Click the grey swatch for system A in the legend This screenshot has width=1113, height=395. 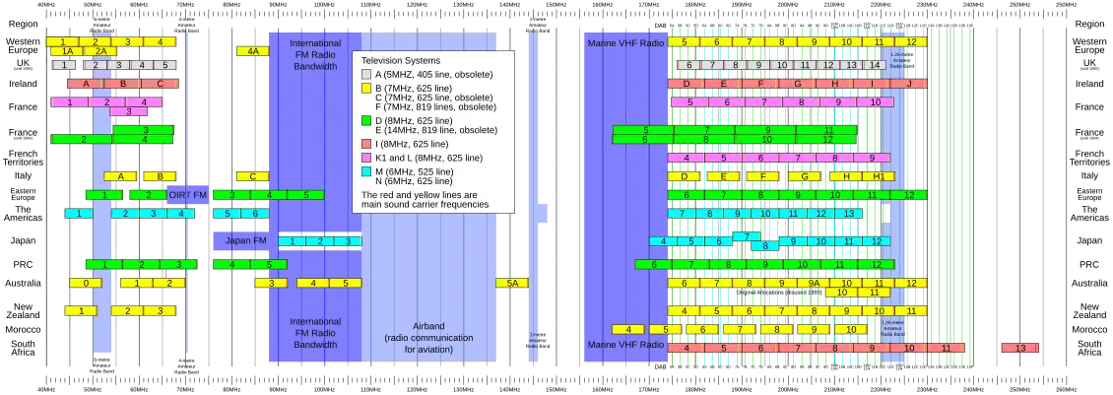pyautogui.click(x=367, y=74)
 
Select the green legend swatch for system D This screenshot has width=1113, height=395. pyautogui.click(x=367, y=121)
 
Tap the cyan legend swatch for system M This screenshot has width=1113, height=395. pyautogui.click(x=367, y=171)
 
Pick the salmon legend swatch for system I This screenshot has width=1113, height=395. pyautogui.click(x=367, y=144)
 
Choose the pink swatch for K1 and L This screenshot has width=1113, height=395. pyautogui.click(x=367, y=158)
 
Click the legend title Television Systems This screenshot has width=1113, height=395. pyautogui.click(x=402, y=61)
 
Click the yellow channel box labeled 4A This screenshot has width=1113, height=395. pyautogui.click(x=253, y=51)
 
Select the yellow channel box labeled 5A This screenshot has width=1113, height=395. pyautogui.click(x=511, y=284)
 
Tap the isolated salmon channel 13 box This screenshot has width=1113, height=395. pyautogui.click(x=1019, y=348)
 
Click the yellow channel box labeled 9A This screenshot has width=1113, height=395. pyautogui.click(x=814, y=284)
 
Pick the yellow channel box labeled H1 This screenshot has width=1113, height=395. pyautogui.click(x=876, y=176)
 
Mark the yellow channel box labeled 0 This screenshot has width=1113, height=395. pyautogui.click(x=86, y=284)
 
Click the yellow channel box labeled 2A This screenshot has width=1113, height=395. pyautogui.click(x=100, y=51)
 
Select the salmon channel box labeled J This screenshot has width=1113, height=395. pyautogui.click(x=908, y=84)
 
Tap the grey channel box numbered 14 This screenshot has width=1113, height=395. pyautogui.click(x=873, y=65)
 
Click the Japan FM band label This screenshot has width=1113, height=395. pyautogui.click(x=245, y=240)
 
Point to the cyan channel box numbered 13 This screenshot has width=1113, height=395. pyautogui.click(x=847, y=213)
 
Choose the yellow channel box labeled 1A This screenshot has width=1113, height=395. pyautogui.click(x=67, y=51)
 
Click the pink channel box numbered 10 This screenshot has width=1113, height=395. pyautogui.click(x=874, y=101)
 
